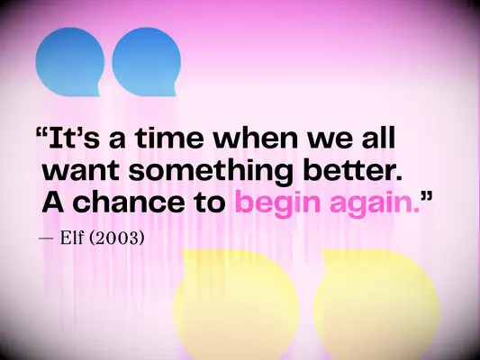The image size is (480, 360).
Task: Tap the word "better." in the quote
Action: [x=352, y=170]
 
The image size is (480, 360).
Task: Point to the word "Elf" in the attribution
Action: [x=75, y=240]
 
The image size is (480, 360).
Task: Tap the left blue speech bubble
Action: [x=70, y=61]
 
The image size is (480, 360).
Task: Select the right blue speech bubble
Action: [x=144, y=61]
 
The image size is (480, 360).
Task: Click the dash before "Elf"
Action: [x=46, y=240]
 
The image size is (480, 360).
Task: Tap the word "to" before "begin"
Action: [x=209, y=201]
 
